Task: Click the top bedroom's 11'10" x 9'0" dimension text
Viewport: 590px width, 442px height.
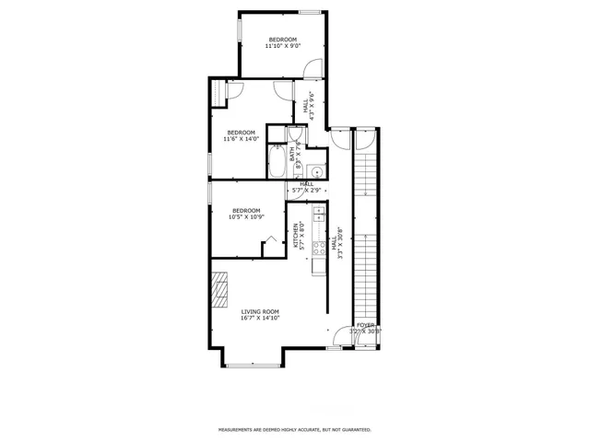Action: [283, 46]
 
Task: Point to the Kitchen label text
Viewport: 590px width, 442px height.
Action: [298, 236]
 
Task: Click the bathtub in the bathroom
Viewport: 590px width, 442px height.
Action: [276, 165]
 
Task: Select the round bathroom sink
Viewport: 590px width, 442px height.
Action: [315, 170]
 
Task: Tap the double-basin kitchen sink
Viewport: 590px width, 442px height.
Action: [318, 214]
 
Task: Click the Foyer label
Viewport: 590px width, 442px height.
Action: [365, 325]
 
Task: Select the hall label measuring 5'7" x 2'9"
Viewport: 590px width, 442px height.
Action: [306, 187]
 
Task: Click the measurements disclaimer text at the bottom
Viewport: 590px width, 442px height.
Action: [294, 429]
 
